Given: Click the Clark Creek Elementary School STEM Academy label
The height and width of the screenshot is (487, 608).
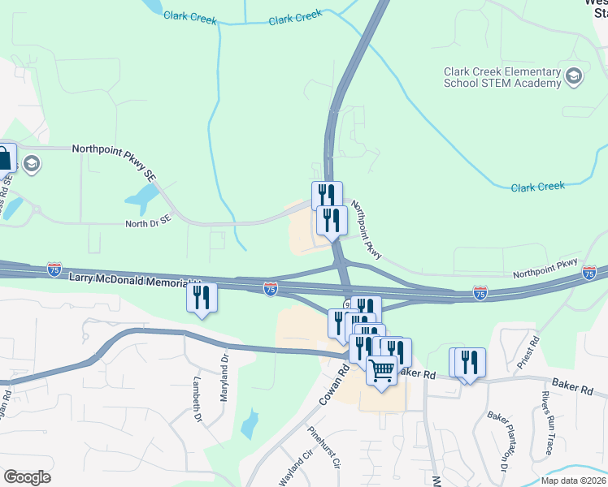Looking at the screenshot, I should coord(502,76).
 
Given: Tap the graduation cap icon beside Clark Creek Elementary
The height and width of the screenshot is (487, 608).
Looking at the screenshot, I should coord(575,76).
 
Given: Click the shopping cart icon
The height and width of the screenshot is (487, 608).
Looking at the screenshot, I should coord(381,370).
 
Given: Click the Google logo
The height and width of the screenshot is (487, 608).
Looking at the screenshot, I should coord(27,477).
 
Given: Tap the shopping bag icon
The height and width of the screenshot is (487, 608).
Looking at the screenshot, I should coord(5,157).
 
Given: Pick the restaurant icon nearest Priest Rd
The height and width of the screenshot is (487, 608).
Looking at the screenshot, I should coord(470,361).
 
